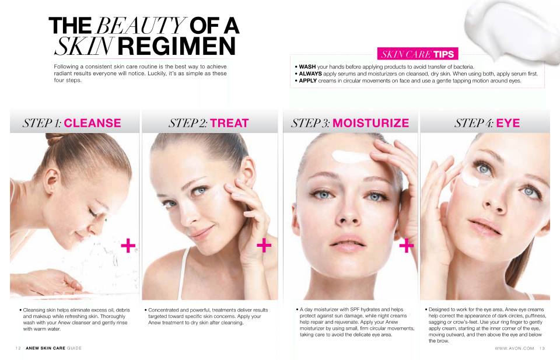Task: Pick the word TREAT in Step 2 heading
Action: click(x=229, y=123)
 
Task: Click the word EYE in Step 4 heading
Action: click(x=508, y=123)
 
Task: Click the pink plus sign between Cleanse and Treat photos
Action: click(x=128, y=246)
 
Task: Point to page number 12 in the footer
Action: click(x=18, y=348)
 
